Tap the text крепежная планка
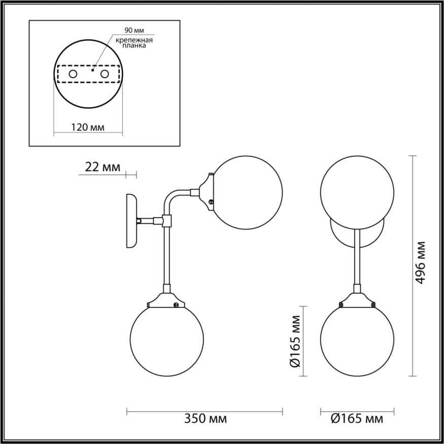click(134, 43)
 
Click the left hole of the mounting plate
click(73, 75)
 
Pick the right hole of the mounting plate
click(105, 75)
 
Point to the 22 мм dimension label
click(99, 167)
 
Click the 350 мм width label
click(204, 419)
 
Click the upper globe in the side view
click(246, 193)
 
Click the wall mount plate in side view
click(131, 221)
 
